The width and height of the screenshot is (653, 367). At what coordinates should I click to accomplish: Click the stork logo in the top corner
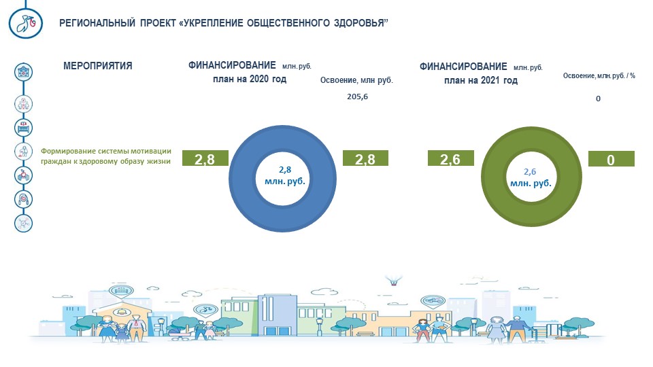25,23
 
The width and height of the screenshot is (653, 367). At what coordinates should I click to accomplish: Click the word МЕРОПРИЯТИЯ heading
98,66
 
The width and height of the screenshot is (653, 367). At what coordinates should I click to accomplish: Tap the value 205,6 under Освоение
357,97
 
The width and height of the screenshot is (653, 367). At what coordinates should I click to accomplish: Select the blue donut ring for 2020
241,179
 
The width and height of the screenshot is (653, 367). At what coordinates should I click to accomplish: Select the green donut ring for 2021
494,177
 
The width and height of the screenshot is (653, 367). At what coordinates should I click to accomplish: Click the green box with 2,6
450,158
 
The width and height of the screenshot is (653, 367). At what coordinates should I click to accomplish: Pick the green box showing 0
611,159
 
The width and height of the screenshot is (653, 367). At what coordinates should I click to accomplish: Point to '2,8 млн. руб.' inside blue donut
285,175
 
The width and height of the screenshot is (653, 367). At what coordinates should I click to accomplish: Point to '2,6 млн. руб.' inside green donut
531,177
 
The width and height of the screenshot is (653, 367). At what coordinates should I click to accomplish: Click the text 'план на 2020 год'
250,79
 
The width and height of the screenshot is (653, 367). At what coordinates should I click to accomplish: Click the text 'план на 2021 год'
481,80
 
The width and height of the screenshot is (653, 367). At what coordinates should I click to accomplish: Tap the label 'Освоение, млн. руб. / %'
599,75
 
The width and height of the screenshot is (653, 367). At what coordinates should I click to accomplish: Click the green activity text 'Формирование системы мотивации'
106,151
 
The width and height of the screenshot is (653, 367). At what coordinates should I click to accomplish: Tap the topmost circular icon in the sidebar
23,72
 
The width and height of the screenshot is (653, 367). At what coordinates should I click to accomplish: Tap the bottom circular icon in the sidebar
23,223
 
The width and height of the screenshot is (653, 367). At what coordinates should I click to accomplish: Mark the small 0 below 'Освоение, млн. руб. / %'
598,99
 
